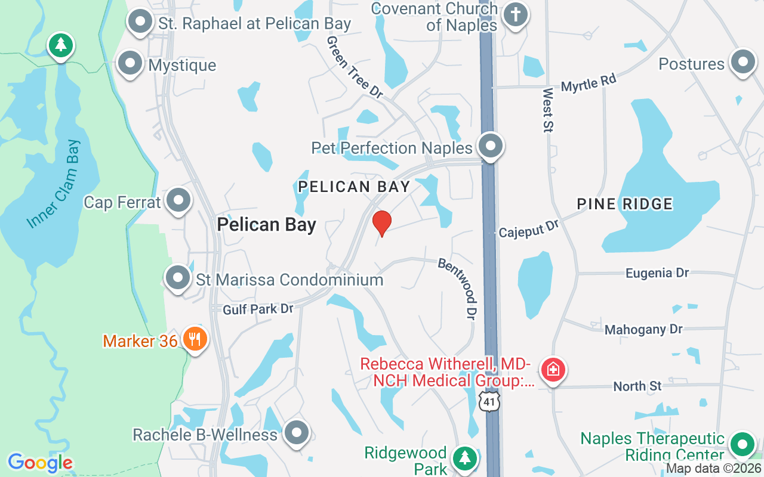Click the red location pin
[381, 223]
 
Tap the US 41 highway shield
[490, 402]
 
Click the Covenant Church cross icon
[515, 14]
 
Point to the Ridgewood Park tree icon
[464, 458]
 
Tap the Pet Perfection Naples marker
[491, 145]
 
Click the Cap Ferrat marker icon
[178, 201]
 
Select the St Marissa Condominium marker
[177, 277]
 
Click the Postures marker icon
[743, 62]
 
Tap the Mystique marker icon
[130, 63]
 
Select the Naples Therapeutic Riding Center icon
[743, 444]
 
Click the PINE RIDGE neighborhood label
[624, 204]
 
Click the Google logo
[41, 463]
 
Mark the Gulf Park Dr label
[258, 309]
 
